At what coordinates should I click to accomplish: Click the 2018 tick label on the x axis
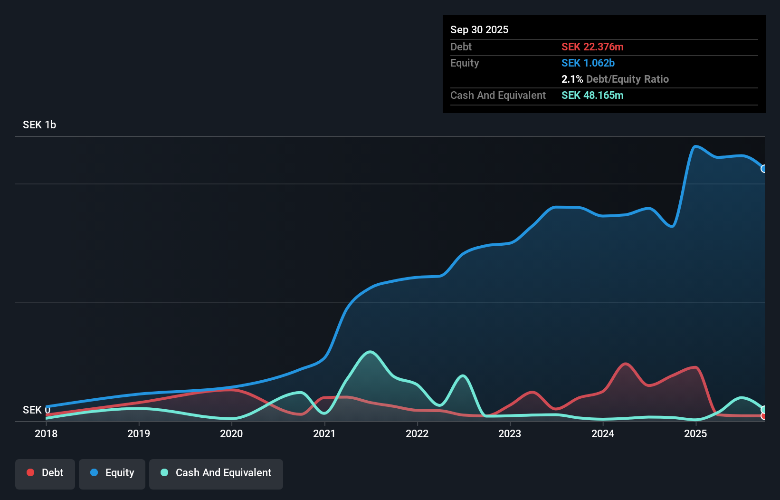click(46, 433)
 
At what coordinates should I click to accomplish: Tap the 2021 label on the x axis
click(324, 433)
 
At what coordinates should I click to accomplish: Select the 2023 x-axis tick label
click(510, 433)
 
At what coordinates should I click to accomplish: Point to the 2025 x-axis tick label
click(695, 433)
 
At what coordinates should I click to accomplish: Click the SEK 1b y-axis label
click(39, 125)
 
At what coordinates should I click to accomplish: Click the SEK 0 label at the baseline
click(36, 410)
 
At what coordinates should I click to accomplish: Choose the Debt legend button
click(45, 473)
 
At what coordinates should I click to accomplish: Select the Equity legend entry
click(112, 473)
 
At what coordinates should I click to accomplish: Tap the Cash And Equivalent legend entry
click(216, 473)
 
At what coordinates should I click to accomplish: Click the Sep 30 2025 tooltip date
click(479, 29)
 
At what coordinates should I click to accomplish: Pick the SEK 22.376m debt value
click(592, 47)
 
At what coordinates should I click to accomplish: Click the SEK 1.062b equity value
click(588, 63)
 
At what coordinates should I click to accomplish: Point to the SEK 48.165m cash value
click(592, 95)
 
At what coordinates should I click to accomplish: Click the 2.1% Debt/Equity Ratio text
click(615, 79)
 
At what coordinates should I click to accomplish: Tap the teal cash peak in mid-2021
click(371, 352)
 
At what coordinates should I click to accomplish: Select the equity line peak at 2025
click(695, 146)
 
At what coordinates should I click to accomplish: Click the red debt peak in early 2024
click(626, 364)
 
